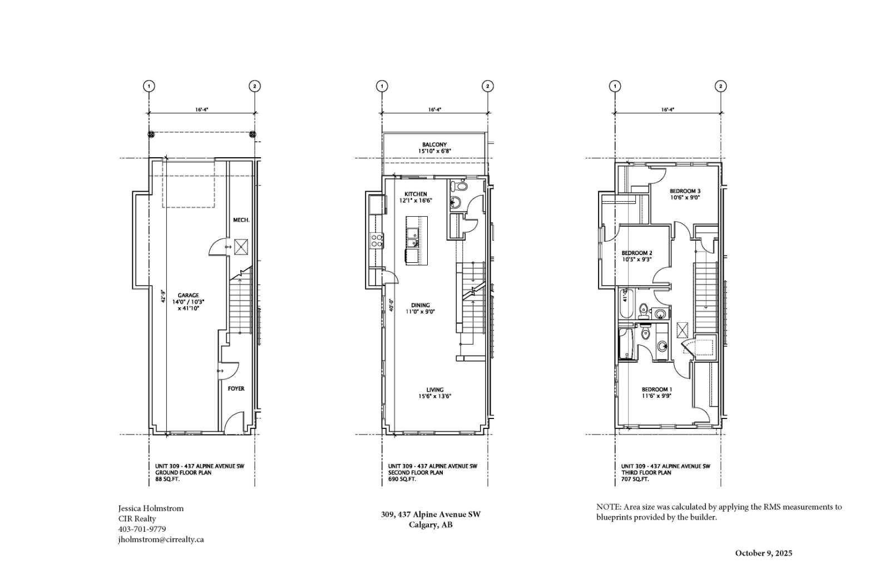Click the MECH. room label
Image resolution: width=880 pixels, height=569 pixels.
tap(241, 220)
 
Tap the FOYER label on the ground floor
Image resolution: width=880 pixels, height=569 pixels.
tap(236, 388)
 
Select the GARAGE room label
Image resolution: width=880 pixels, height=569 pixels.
tap(188, 296)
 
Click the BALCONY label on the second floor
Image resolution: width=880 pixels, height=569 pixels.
tap(434, 144)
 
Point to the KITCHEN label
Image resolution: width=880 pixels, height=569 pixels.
tap(416, 194)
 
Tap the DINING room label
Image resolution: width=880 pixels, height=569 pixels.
tap(420, 305)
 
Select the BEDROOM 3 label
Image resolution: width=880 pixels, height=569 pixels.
tap(685, 191)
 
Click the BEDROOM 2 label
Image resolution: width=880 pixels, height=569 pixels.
tap(636, 253)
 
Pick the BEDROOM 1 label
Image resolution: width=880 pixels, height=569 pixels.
tap(656, 389)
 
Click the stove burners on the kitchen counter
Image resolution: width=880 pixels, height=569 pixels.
tap(377, 240)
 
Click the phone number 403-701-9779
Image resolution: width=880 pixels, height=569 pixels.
tap(142, 529)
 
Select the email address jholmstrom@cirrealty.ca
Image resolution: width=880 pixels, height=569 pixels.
tap(161, 540)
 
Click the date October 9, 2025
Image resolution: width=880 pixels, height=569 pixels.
tap(763, 553)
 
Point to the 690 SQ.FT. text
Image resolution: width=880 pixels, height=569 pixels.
tap(402, 478)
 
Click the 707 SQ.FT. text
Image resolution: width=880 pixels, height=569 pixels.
tap(635, 478)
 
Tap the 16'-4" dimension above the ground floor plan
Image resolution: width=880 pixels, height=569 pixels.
tap(201, 110)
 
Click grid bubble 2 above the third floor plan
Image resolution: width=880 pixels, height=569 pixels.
tap(720, 86)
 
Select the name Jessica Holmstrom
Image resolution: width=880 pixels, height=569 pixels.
tap(150, 508)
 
